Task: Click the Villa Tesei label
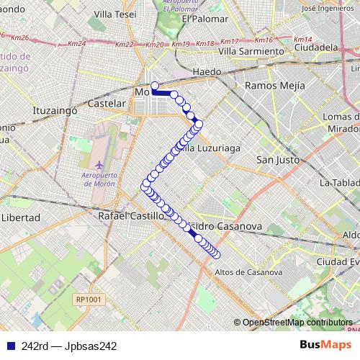click(114, 14)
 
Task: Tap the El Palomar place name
click(200, 19)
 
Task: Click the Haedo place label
click(207, 72)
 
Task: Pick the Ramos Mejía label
click(275, 85)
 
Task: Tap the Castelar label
click(107, 104)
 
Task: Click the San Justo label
click(278, 160)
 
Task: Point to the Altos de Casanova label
click(249, 272)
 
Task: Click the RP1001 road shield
click(89, 299)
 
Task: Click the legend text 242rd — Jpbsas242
click(69, 346)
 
